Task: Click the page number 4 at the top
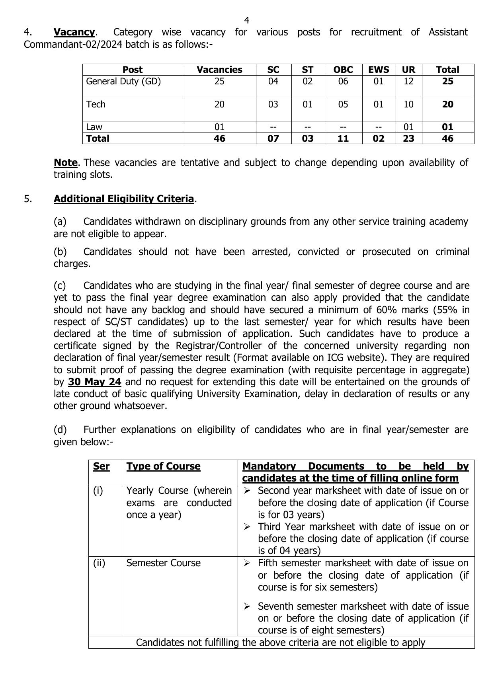click(247, 20)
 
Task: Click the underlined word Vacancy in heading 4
click(74, 32)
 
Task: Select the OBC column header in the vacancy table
click(343, 70)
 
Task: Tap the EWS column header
click(379, 70)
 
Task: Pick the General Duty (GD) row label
click(123, 82)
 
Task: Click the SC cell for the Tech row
click(273, 105)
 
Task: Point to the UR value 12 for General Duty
click(408, 82)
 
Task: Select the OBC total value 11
click(343, 138)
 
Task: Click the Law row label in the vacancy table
click(94, 127)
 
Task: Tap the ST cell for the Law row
click(307, 127)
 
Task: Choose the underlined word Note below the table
click(66, 163)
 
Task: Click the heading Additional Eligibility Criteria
click(124, 199)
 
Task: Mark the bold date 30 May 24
click(94, 382)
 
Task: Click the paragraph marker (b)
click(60, 252)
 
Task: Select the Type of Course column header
click(163, 466)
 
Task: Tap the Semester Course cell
click(163, 563)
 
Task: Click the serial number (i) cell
click(98, 491)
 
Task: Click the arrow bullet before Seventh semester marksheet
click(247, 606)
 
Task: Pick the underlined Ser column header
click(101, 466)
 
